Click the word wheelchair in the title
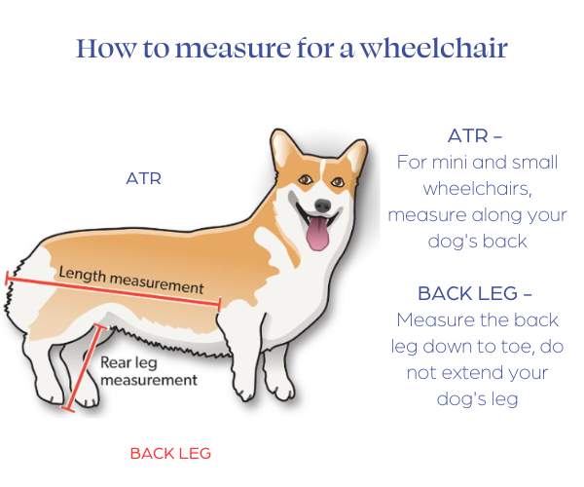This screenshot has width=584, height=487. tap(434, 48)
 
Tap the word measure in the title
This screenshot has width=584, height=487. tap(233, 49)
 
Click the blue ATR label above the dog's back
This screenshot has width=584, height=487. tap(143, 178)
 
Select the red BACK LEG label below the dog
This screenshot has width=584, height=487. tap(170, 454)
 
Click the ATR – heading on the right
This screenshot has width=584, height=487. tap(475, 135)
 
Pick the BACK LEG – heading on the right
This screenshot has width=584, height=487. tap(475, 293)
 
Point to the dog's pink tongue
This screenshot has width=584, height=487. tap(318, 234)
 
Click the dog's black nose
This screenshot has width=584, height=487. tap(322, 206)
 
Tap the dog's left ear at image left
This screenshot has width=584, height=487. tap(287, 149)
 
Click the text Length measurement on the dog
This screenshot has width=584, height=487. tap(131, 281)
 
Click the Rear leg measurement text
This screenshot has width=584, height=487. tap(149, 371)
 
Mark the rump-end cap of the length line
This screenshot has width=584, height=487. tap(7, 279)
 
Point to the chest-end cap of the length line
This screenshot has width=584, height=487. tap(220, 305)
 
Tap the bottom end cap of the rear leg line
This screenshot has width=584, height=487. tap(68, 409)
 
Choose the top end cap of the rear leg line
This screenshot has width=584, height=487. tap(100, 327)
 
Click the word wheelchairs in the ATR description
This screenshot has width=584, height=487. tap(477, 189)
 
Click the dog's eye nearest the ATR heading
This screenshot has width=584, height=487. tap(338, 182)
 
